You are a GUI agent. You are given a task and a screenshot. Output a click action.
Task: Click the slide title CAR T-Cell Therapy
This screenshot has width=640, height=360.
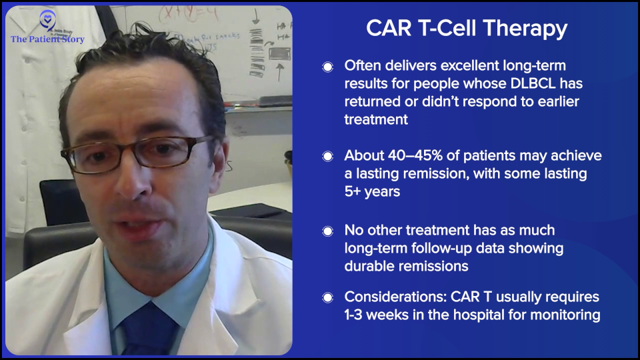(x=467, y=29)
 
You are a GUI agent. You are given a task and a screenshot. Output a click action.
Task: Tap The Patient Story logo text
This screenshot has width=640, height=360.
(x=47, y=39)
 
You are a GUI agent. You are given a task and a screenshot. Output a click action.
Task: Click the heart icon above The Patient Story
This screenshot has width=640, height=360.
(x=47, y=20)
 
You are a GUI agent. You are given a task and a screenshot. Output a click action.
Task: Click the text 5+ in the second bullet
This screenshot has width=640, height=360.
(x=355, y=191)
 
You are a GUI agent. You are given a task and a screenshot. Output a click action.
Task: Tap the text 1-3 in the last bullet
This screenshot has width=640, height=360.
(x=355, y=314)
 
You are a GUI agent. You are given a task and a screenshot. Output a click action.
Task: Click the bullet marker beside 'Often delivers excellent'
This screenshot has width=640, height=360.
(x=327, y=67)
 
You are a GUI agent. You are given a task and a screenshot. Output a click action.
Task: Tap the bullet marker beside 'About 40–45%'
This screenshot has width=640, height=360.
(x=327, y=156)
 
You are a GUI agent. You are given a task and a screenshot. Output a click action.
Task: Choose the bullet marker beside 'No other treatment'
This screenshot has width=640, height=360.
(x=327, y=231)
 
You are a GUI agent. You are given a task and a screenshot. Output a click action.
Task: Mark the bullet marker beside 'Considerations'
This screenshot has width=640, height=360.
(x=327, y=297)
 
